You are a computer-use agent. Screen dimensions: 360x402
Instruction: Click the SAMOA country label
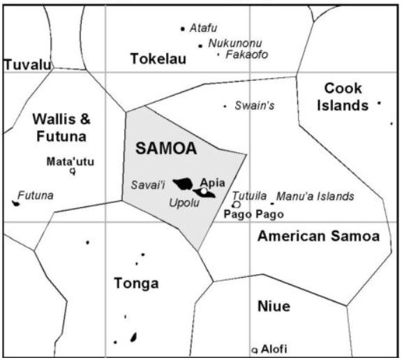click(165, 148)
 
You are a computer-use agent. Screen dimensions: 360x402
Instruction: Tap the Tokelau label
click(158, 59)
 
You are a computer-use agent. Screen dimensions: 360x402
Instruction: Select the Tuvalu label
click(28, 65)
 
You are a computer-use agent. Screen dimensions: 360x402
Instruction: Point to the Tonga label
click(135, 283)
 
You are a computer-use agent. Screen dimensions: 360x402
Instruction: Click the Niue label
click(273, 306)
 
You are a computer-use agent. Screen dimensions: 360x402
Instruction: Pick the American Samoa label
click(318, 237)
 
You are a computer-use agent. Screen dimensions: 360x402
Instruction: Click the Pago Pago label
click(253, 214)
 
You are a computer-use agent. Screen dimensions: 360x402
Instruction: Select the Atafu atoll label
click(203, 28)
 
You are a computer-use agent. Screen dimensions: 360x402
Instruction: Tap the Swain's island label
click(254, 106)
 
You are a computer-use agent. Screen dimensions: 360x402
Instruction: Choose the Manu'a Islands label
click(315, 197)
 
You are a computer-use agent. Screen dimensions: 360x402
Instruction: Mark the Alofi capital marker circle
click(255, 349)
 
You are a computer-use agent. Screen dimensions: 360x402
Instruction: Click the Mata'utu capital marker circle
click(72, 171)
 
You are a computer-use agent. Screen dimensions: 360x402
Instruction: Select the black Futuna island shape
click(15, 203)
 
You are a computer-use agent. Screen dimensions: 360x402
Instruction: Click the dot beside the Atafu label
click(182, 29)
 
